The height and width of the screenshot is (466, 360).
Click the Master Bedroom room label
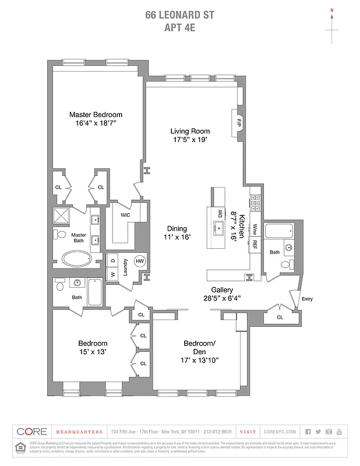point(96,115)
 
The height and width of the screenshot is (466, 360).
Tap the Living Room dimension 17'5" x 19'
point(190,140)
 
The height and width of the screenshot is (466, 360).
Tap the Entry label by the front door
point(307,299)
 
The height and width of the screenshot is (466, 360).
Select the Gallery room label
point(223,290)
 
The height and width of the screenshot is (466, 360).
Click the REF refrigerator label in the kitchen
point(254,244)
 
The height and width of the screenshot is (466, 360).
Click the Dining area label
point(177,229)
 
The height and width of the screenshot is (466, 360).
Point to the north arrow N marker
point(332,10)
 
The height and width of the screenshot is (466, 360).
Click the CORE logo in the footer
point(31,432)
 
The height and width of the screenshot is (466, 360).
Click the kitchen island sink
point(220,228)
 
